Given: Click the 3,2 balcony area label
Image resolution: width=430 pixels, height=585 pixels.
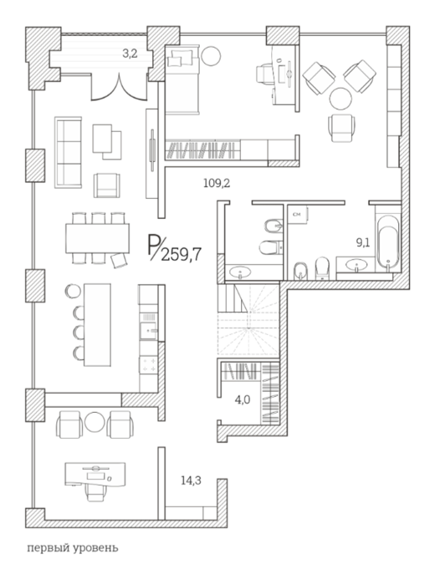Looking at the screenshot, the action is [130, 53].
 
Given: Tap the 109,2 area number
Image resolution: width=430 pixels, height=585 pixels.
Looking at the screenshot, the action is [217, 183].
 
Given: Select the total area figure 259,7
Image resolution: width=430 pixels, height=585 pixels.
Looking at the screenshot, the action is [182, 255].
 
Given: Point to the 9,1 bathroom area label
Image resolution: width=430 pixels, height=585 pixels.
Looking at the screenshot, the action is [363, 243].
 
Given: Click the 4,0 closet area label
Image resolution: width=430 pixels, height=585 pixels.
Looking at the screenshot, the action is [243, 400].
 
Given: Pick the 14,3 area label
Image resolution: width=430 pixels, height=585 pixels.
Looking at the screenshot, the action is [192, 481].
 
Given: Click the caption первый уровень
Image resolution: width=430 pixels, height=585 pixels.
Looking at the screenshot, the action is [73, 548].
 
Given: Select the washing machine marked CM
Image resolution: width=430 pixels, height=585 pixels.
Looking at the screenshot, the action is [298, 215].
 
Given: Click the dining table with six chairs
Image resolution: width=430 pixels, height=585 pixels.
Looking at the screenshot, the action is [98, 238].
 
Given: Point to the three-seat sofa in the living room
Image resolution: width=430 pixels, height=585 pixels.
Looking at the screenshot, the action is [68, 152].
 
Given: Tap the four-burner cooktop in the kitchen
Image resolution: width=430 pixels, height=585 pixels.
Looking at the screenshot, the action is [149, 364].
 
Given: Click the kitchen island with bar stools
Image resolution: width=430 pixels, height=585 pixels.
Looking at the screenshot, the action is [97, 325].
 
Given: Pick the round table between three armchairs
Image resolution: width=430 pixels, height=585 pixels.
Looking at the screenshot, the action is [340, 99].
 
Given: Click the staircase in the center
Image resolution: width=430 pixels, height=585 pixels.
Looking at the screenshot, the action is [248, 319].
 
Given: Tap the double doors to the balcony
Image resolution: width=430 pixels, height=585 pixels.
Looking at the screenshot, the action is [119, 88].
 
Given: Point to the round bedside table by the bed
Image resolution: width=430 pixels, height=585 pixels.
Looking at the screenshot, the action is [211, 56].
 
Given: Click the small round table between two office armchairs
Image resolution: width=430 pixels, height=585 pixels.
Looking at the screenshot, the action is [95, 422].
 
